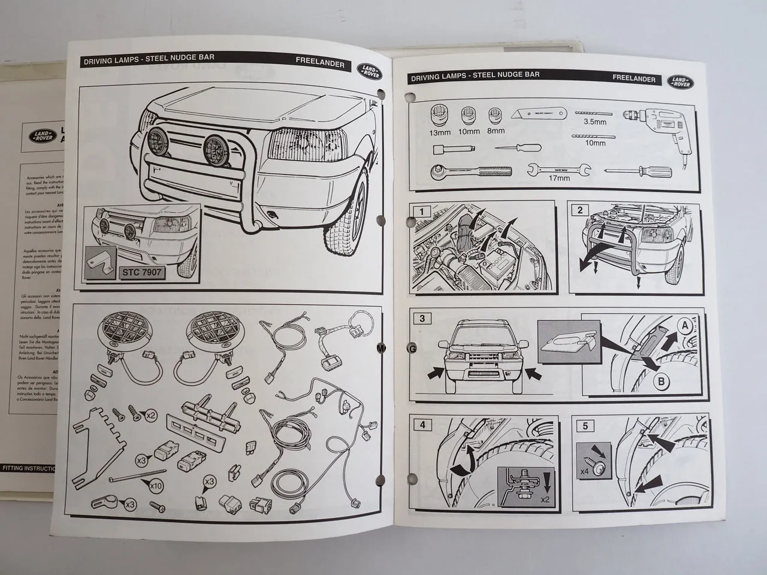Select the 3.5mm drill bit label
coord(595,122)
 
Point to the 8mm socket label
coord(496,131)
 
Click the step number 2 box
coord(580,210)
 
